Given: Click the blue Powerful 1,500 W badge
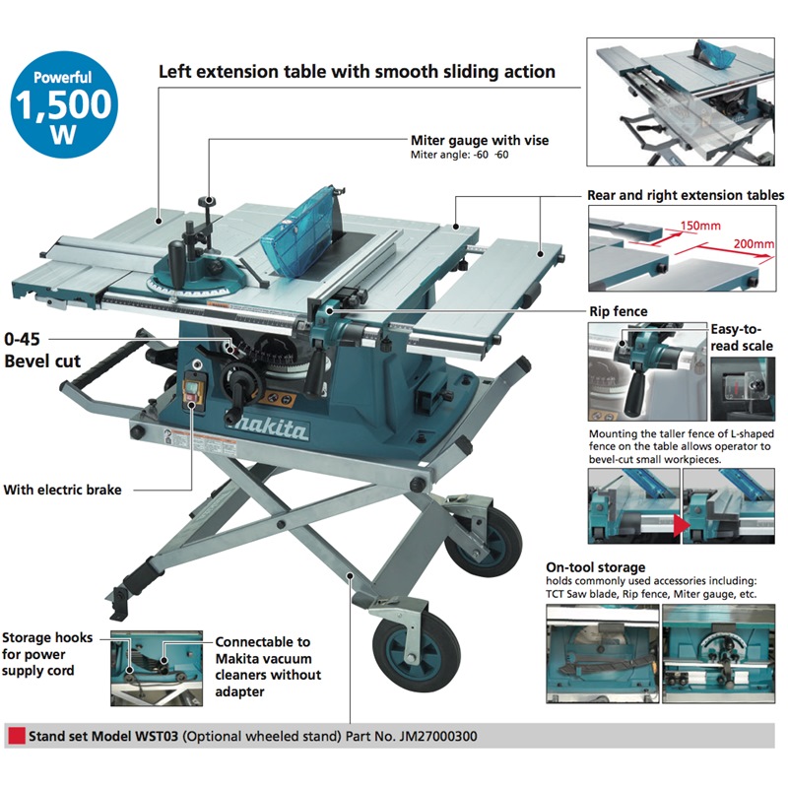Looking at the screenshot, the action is coord(64,104).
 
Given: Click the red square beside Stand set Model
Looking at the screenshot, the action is coord(17,736).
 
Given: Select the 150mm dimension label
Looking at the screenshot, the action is coord(700,226).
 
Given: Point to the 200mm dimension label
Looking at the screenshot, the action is coord(754,243).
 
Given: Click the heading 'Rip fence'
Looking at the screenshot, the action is coord(619,311).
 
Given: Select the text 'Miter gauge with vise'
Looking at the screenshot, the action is coord(480,140).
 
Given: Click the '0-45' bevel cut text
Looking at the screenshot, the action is coord(22,339).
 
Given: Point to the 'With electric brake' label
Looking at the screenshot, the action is coord(62,490).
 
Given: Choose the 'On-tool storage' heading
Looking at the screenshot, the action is coord(596,567).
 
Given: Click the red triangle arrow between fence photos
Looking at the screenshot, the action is coord(682,526).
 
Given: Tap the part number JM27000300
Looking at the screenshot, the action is coord(438,736).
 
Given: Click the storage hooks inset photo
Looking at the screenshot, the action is coord(157,669).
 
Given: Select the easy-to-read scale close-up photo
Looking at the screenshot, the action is coord(743,389).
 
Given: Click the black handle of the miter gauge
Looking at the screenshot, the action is coord(177,258).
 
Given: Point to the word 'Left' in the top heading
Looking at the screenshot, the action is coord(175,71).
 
